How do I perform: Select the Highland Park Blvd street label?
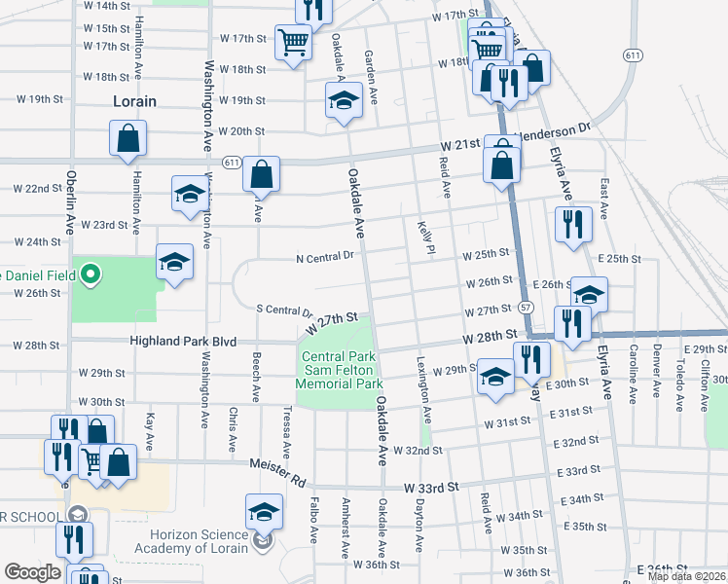click(x=184, y=342)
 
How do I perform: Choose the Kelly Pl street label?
click(x=424, y=237)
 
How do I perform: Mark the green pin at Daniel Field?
click(x=91, y=274)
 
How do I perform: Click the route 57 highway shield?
click(x=526, y=307)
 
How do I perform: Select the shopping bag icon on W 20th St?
click(x=127, y=140)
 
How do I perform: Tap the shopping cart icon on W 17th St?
click(x=293, y=42)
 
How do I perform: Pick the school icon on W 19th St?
click(x=343, y=100)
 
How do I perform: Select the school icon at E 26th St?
click(x=589, y=294)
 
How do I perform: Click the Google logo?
click(x=31, y=573)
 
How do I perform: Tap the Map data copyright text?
click(x=687, y=576)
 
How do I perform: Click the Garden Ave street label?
click(x=370, y=67)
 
